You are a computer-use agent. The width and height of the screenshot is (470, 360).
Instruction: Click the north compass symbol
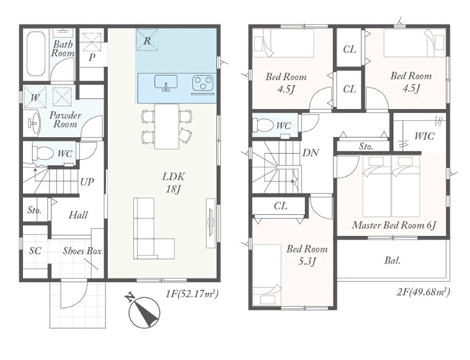144,312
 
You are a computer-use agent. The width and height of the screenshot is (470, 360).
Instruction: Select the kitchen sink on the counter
166,82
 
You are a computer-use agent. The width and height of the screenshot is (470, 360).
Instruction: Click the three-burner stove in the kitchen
203,83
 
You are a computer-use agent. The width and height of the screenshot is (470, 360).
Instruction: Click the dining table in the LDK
167,126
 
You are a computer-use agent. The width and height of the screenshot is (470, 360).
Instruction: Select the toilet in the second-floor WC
262,125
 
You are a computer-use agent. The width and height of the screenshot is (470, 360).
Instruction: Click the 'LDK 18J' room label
173,182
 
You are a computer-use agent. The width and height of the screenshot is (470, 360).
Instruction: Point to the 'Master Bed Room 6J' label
394,225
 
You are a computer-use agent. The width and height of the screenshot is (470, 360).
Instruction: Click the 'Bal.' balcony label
392,260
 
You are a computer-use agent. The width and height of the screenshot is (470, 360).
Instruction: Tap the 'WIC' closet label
424,136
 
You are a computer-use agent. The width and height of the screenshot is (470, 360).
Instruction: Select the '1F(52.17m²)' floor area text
192,292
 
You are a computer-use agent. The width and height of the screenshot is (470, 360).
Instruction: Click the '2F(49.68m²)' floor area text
424,291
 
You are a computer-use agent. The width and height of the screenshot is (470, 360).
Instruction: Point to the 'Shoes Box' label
82,251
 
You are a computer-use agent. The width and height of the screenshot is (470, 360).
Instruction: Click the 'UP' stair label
87,182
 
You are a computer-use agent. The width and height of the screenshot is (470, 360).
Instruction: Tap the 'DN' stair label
311,153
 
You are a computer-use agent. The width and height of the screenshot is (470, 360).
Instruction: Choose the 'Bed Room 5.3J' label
306,255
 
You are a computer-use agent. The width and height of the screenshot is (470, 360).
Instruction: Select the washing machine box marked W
35,97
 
